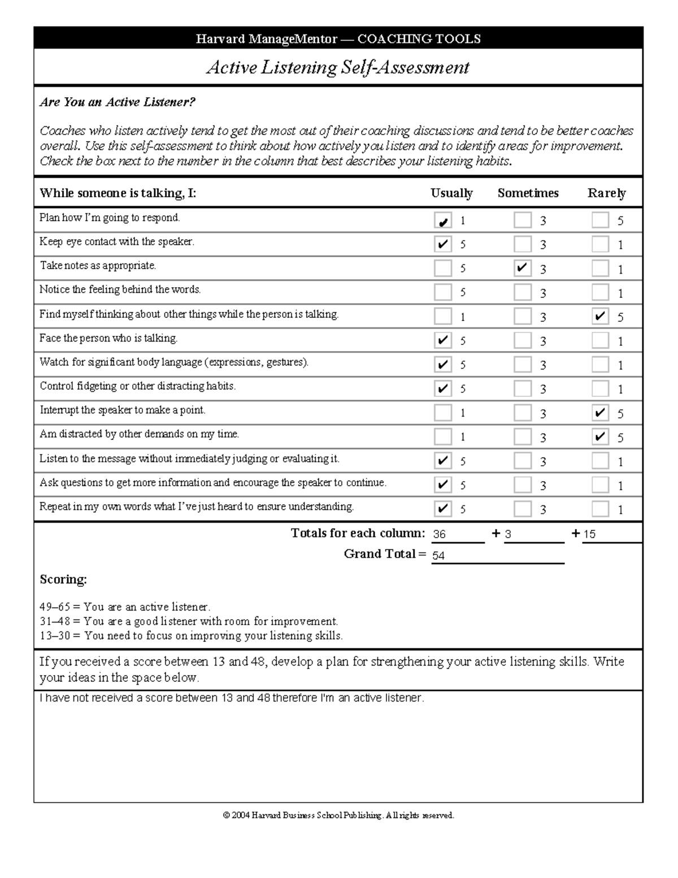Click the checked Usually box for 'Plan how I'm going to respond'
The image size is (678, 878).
(x=442, y=220)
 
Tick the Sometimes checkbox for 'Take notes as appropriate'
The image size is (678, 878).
(x=523, y=268)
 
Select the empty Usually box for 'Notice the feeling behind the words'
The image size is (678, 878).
(x=442, y=292)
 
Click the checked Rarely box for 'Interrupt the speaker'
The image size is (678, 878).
(x=600, y=413)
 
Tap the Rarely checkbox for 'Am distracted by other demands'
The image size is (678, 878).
(x=600, y=437)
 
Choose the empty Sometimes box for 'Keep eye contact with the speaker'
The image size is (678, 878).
(x=523, y=244)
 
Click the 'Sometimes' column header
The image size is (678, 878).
(x=528, y=193)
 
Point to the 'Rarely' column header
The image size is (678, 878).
(x=606, y=193)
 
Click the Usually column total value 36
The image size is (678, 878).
(x=440, y=534)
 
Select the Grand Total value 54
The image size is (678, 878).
(x=438, y=556)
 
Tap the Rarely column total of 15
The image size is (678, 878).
(x=589, y=534)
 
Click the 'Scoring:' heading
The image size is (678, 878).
(x=63, y=579)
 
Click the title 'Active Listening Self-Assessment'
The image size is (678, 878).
(x=338, y=67)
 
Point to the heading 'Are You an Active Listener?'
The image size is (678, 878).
(x=118, y=102)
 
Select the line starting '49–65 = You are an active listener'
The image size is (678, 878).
(x=125, y=607)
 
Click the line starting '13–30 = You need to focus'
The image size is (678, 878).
(x=191, y=636)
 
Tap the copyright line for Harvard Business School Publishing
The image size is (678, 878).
(x=338, y=815)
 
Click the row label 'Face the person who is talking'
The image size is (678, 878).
(x=108, y=339)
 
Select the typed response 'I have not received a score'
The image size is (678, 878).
(x=232, y=698)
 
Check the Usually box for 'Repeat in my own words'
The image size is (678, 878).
(x=442, y=509)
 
